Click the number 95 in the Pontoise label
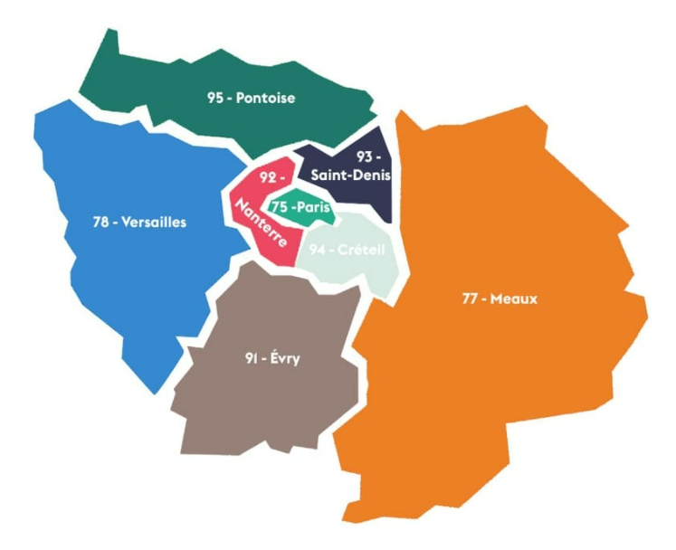point(214,98)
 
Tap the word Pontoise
point(266,98)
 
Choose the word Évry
point(284,359)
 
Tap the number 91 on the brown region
point(252,359)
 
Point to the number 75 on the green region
point(281,206)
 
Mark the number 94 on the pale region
point(316,248)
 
